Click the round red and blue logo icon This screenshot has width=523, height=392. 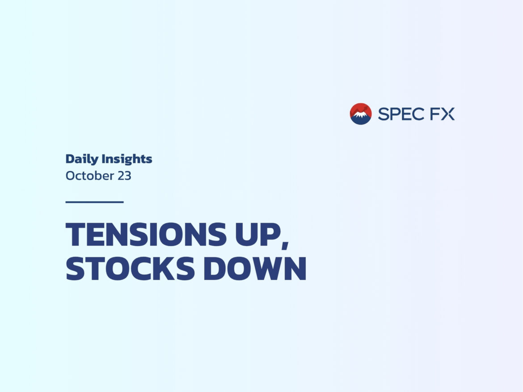tap(361, 114)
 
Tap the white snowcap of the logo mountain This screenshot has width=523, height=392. tap(361, 115)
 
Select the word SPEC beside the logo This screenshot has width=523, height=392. tap(401, 114)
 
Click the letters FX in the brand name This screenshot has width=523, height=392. tap(442, 114)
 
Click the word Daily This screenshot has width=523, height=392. tap(82, 159)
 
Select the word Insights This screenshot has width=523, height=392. tap(127, 159)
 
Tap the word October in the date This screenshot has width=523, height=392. tap(90, 176)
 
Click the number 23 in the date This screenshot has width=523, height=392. tap(124, 176)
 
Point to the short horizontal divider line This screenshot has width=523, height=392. tap(95, 202)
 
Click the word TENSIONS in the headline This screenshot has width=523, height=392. tap(146, 234)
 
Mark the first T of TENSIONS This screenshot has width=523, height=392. tap(77, 234)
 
